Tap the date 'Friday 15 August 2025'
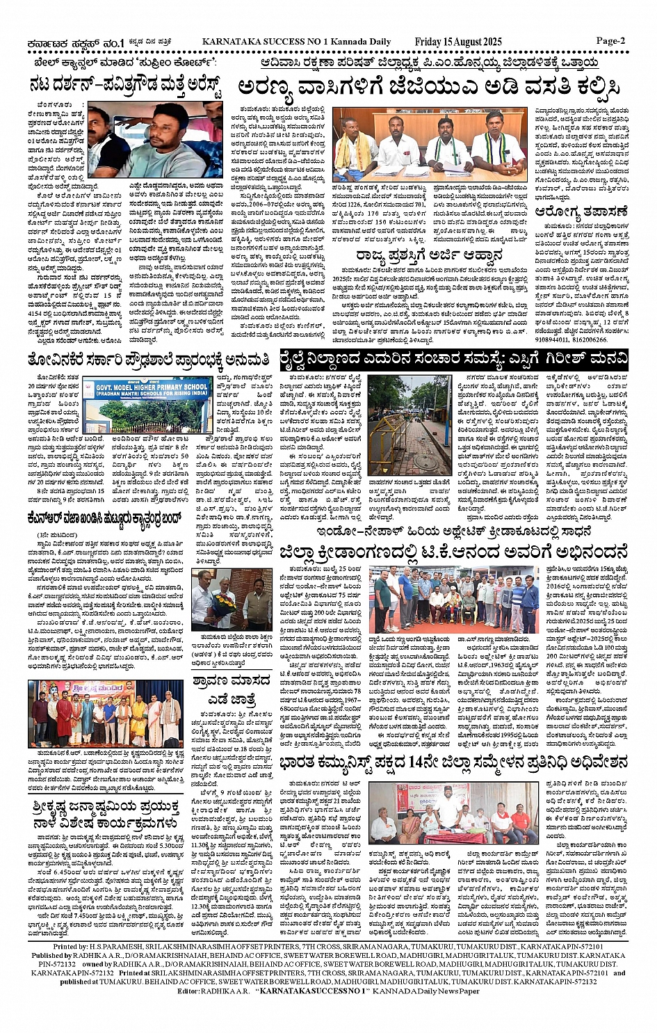457,42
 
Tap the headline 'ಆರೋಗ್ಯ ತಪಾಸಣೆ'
582,211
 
